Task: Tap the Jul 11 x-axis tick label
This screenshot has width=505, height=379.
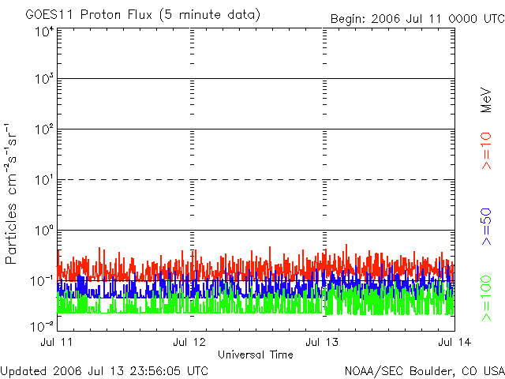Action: (59, 342)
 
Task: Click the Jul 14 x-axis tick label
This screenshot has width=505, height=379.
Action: (453, 342)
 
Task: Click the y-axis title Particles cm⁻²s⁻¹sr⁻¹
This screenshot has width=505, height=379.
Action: (13, 193)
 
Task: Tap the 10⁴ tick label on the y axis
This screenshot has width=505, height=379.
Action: (43, 32)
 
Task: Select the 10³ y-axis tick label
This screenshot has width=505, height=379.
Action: (43, 80)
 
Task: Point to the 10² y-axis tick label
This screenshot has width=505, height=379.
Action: (43, 130)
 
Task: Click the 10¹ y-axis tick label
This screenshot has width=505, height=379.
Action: (43, 181)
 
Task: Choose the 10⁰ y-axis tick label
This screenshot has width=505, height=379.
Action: (43, 231)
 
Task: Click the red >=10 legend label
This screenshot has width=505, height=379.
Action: (487, 152)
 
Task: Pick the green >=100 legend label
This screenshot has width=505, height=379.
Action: (487, 298)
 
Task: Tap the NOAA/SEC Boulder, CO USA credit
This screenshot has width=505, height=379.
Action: (425, 370)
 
